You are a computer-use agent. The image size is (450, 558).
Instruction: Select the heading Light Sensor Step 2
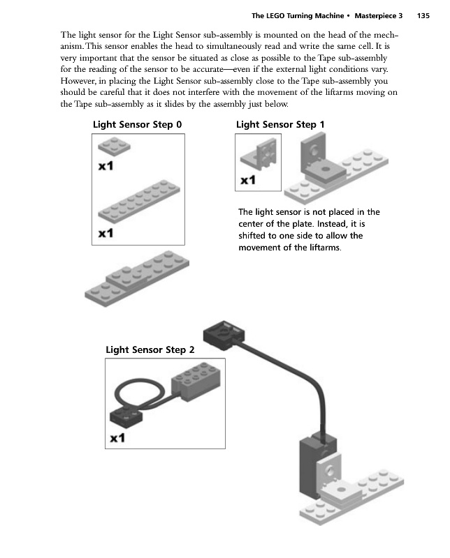point(150,349)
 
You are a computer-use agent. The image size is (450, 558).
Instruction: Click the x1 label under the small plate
point(106,167)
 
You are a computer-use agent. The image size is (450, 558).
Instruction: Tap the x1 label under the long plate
point(106,233)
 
